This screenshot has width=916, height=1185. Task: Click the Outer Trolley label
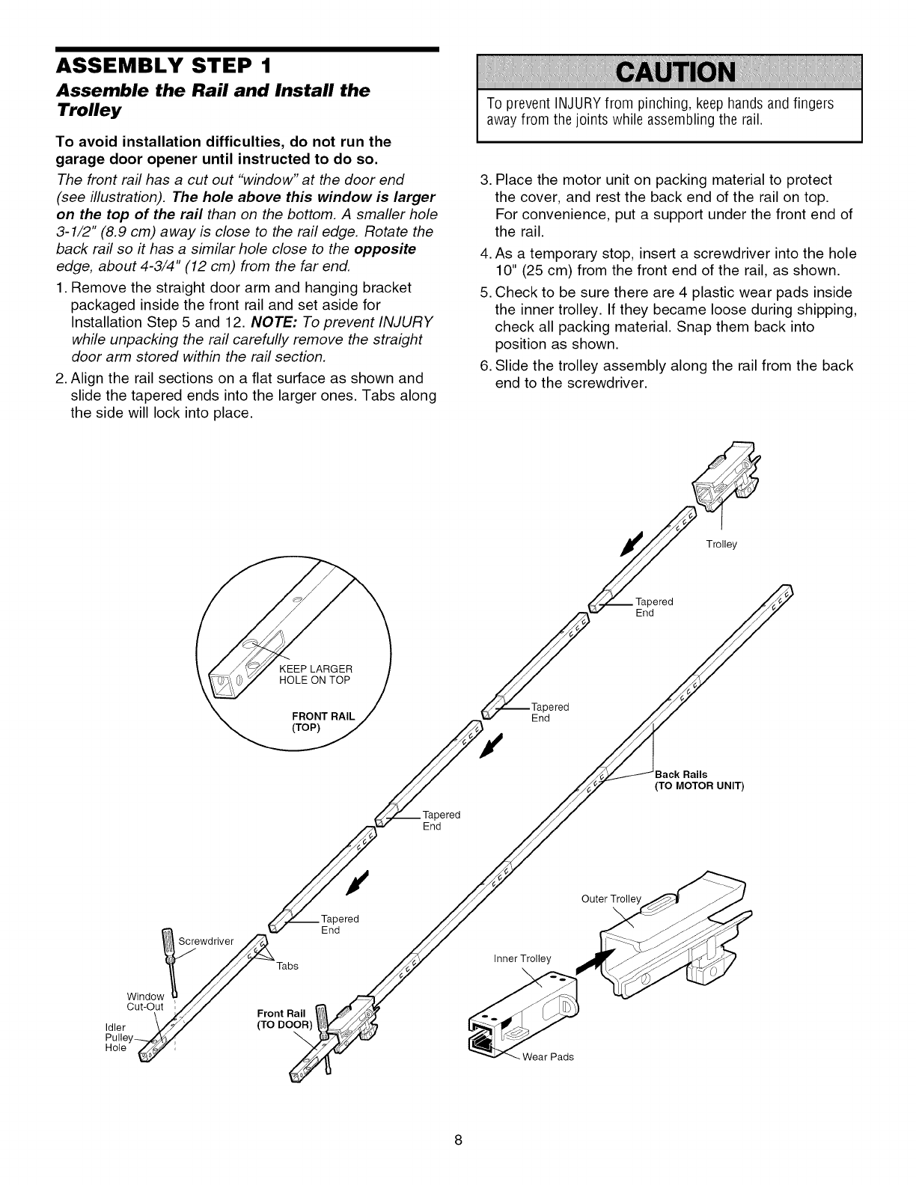tap(611, 898)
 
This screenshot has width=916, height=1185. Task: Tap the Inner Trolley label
tap(522, 958)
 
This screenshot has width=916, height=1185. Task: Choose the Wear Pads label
tap(548, 1057)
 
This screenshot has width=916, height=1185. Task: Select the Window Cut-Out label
tap(145, 1001)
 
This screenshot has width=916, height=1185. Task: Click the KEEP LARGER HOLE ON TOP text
tap(314, 674)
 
